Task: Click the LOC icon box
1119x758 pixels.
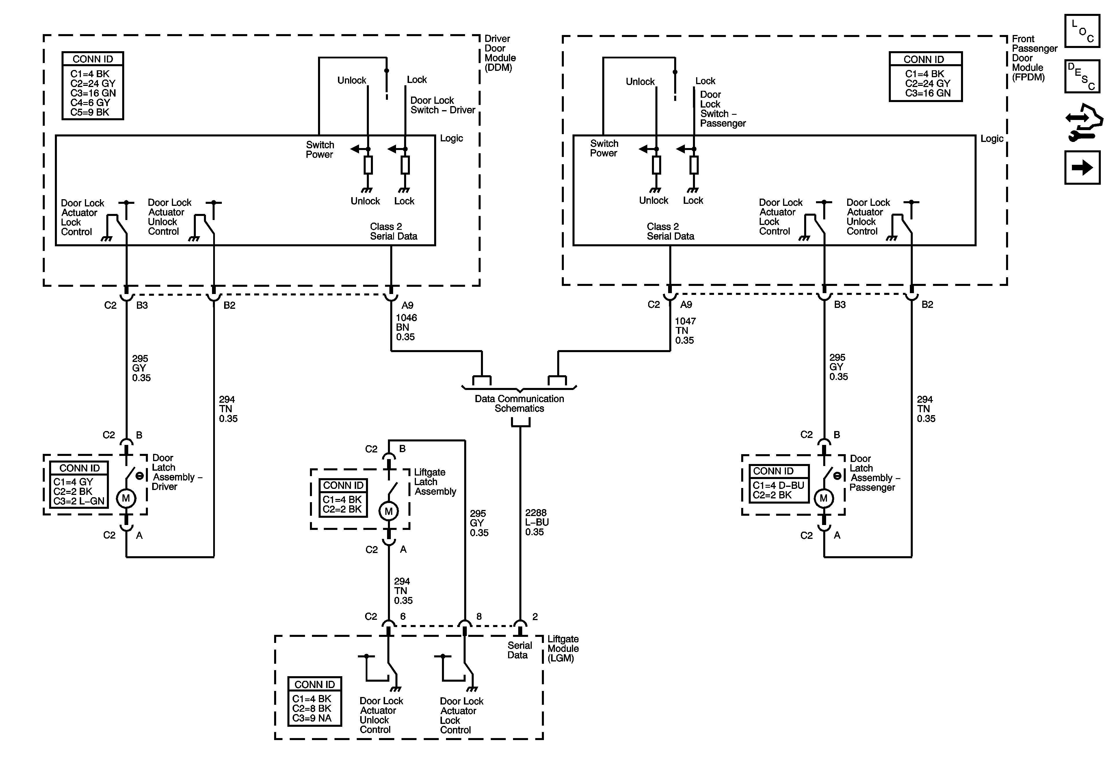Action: click(x=1082, y=31)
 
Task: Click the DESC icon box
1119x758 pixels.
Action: click(x=1082, y=76)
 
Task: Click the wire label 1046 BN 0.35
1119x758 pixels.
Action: click(x=406, y=327)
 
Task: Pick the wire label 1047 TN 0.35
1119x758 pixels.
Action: click(x=685, y=330)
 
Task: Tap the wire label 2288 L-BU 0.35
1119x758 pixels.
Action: click(x=536, y=522)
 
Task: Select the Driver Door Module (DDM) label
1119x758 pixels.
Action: click(x=500, y=53)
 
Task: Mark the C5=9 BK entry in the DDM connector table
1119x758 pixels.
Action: click(x=90, y=112)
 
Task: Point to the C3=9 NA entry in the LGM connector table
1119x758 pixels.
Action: click(x=312, y=718)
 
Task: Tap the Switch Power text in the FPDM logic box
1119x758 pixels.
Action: click(x=604, y=148)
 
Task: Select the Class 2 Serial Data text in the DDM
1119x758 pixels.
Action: click(x=393, y=231)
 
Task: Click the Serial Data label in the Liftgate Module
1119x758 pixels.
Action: click(x=519, y=650)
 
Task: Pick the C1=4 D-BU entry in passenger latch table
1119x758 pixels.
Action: click(x=778, y=485)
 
